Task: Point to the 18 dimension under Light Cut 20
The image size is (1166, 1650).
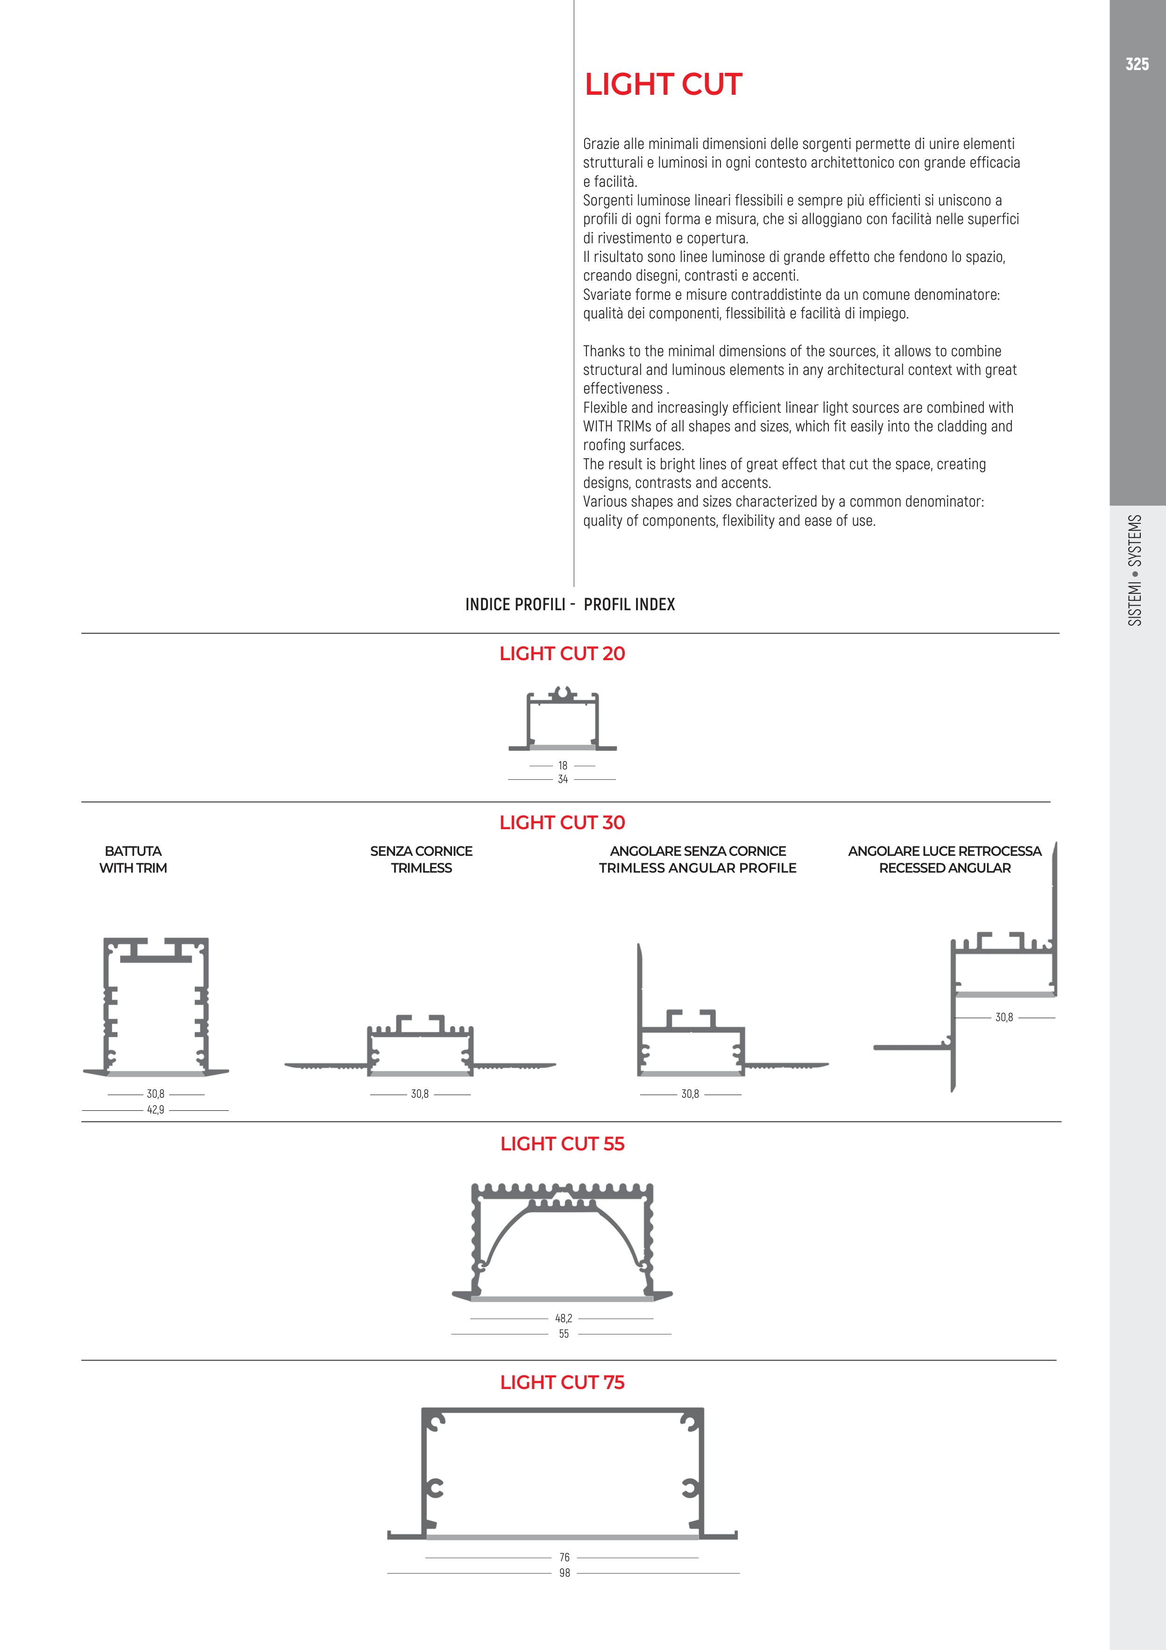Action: coord(563,765)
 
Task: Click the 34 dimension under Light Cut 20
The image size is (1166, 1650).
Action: coord(563,779)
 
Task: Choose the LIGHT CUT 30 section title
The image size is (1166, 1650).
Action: coord(562,822)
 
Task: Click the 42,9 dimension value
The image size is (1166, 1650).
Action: coord(155,1110)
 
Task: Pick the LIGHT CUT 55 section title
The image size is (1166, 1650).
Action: coord(562,1143)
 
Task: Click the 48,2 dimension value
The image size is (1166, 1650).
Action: coord(564,1318)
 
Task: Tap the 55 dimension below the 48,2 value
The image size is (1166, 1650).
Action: coord(564,1334)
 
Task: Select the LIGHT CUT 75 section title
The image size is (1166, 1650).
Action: coord(562,1382)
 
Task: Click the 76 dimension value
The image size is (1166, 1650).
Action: coord(564,1557)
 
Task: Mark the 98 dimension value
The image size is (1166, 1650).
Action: coord(564,1573)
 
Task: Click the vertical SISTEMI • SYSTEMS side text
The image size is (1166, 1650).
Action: coord(1135,570)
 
